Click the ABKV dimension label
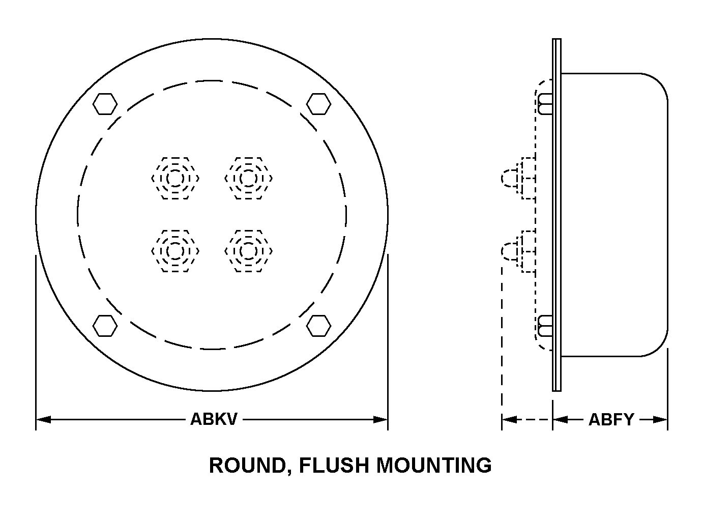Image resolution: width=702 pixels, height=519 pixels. click(x=214, y=419)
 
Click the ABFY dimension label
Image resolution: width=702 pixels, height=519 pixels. click(x=611, y=420)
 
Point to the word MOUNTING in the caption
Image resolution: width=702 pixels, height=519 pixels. click(x=434, y=465)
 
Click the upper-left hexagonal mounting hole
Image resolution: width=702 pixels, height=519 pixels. click(x=105, y=104)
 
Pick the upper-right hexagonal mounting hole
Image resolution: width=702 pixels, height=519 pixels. click(x=319, y=104)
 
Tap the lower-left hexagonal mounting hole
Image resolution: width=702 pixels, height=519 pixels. click(x=105, y=326)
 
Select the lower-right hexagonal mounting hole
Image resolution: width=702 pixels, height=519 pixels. click(x=319, y=326)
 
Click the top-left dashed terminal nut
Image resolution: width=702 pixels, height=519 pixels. click(x=175, y=178)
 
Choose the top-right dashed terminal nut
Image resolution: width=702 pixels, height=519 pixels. click(x=248, y=178)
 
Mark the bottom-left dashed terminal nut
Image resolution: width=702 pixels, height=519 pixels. click(x=175, y=251)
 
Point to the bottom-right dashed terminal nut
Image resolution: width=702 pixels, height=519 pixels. click(x=248, y=251)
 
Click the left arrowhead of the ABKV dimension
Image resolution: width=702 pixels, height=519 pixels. click(x=43, y=420)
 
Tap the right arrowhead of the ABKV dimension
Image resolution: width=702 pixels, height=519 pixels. click(x=381, y=420)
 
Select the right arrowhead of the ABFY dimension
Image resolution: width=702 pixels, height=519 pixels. click(x=660, y=420)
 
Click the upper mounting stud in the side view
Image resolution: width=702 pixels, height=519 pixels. click(x=545, y=104)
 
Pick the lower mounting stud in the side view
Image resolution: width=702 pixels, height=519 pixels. click(x=545, y=326)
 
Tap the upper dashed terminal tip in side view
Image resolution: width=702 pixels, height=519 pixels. click(x=510, y=178)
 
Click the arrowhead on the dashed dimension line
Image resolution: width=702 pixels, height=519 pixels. click(x=509, y=420)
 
